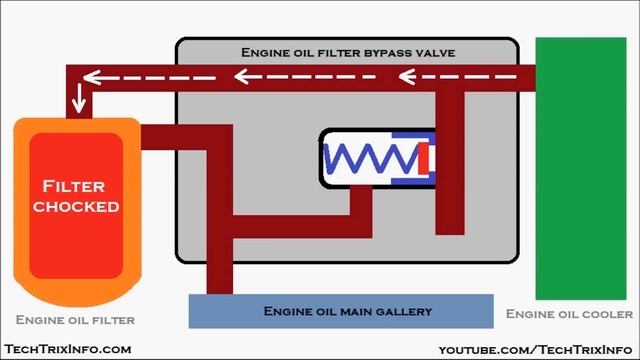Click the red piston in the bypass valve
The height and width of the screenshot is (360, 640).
(x=423, y=158)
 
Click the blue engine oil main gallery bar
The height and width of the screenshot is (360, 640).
(x=341, y=311)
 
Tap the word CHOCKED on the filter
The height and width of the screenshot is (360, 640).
(x=76, y=206)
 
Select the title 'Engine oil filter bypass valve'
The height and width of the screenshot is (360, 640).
(x=346, y=51)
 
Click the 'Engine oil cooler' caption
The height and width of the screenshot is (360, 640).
(x=569, y=313)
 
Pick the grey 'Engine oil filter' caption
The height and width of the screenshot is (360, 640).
(x=75, y=320)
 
